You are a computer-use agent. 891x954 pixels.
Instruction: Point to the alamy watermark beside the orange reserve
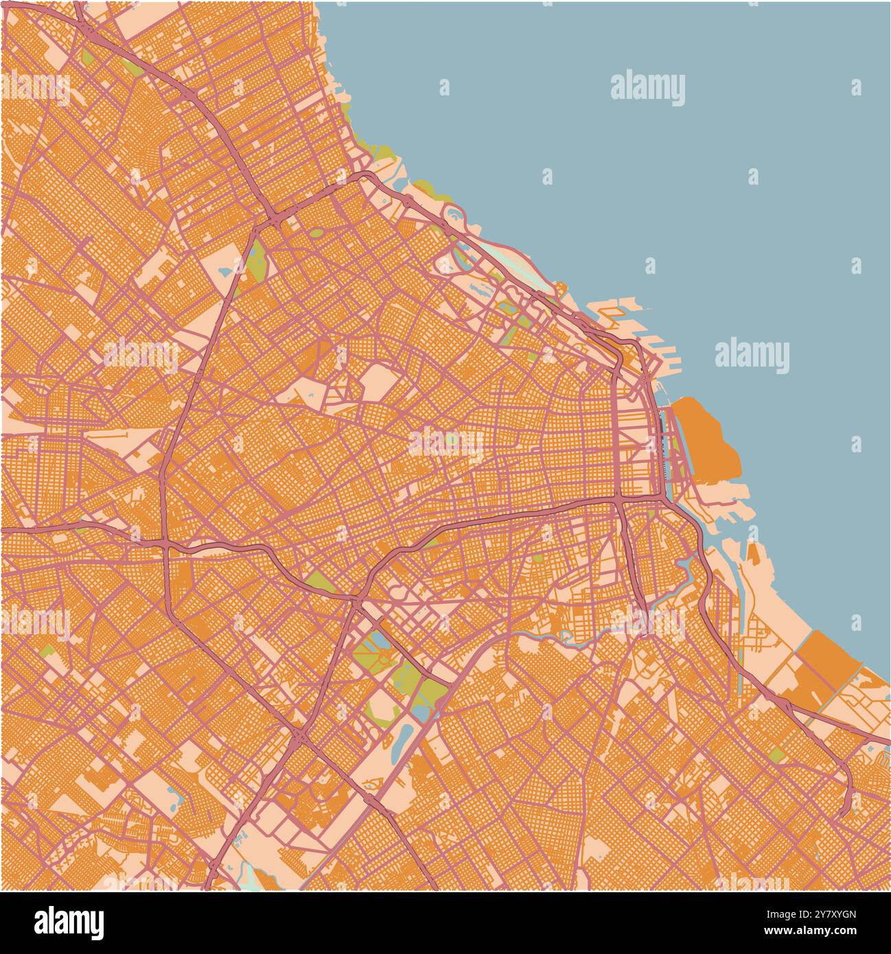point(752,356)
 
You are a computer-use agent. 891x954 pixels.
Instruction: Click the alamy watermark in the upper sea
point(647,89)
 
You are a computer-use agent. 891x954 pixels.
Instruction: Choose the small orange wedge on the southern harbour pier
point(753,553)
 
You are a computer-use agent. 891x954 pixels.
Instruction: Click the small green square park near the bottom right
point(776,755)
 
